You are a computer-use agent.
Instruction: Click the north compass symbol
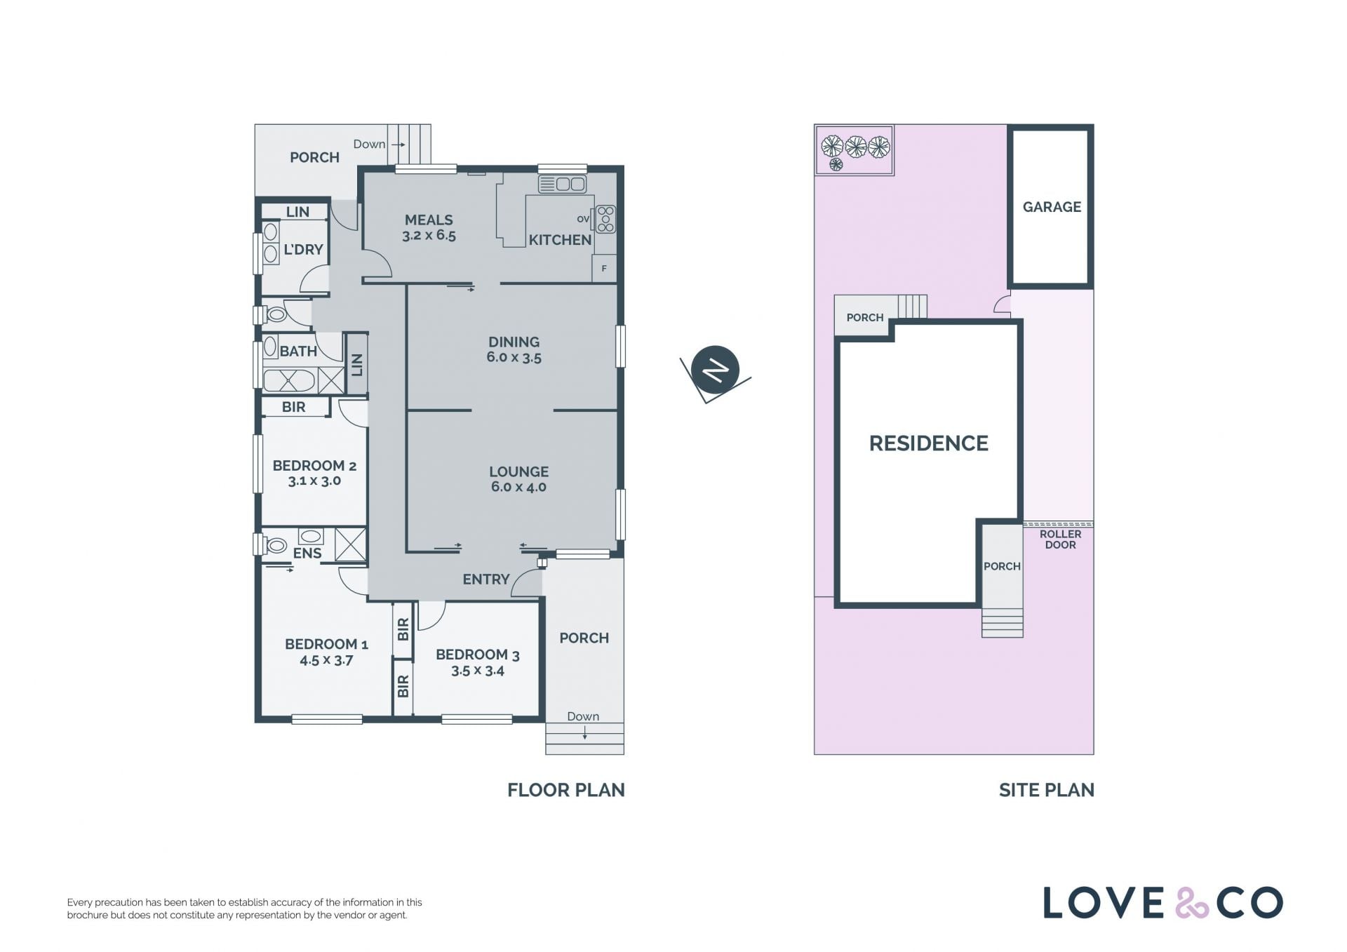pyautogui.click(x=715, y=370)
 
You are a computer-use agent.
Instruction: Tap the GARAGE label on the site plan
pyautogui.click(x=1052, y=207)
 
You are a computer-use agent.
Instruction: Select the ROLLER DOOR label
pyautogui.click(x=1060, y=539)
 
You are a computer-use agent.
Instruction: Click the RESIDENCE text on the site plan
pyautogui.click(x=928, y=443)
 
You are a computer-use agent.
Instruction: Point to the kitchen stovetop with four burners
pyautogui.click(x=605, y=219)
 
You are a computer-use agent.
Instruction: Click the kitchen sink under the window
pyautogui.click(x=562, y=184)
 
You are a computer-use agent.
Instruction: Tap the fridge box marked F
pyautogui.click(x=604, y=269)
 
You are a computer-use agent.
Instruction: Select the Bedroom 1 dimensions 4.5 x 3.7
pyautogui.click(x=326, y=660)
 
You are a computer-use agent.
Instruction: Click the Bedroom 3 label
pyautogui.click(x=478, y=655)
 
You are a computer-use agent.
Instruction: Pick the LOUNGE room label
pyautogui.click(x=519, y=472)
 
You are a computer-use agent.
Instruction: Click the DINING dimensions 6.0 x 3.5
pyautogui.click(x=514, y=358)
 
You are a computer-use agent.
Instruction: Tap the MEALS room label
pyautogui.click(x=429, y=220)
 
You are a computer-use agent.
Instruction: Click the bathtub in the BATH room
pyautogui.click(x=289, y=380)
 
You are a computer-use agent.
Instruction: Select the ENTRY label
pyautogui.click(x=486, y=579)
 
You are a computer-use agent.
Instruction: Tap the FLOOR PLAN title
pyautogui.click(x=566, y=790)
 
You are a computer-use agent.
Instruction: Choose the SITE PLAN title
pyautogui.click(x=1047, y=790)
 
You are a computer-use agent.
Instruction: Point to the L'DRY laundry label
pyautogui.click(x=303, y=250)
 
